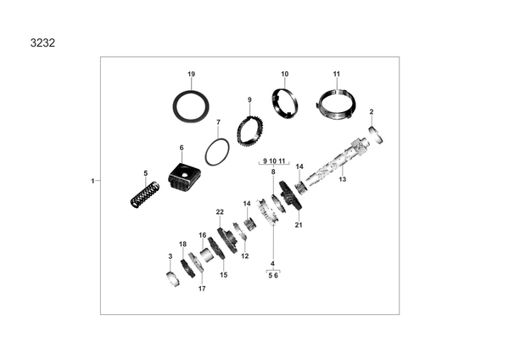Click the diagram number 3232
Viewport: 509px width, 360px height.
click(42, 43)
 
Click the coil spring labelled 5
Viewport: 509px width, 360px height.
click(145, 194)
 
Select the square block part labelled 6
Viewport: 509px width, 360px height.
click(184, 177)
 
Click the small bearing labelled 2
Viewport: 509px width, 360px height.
click(376, 135)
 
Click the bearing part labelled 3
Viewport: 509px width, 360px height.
click(173, 278)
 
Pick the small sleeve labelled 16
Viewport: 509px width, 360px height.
click(206, 255)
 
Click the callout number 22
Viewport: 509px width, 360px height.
click(220, 212)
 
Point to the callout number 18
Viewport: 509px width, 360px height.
click(182, 245)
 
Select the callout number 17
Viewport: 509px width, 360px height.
click(202, 289)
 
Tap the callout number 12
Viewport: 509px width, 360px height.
click(245, 256)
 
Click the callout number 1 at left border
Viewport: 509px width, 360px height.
click(92, 181)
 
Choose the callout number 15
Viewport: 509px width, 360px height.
click(223, 275)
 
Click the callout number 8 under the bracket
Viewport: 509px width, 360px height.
click(273, 172)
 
